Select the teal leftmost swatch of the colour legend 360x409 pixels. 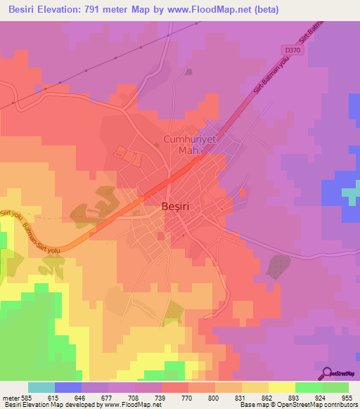[41, 387]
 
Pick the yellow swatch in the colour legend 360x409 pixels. [282, 387]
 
